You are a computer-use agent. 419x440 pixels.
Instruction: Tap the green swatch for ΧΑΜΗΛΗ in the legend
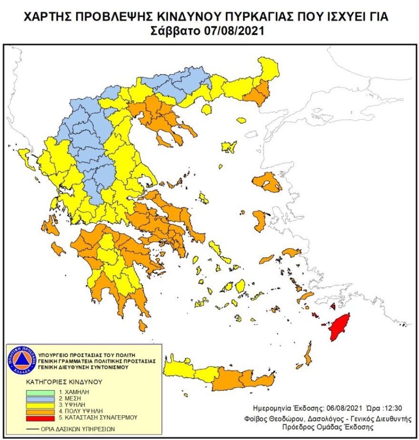(x=41, y=392)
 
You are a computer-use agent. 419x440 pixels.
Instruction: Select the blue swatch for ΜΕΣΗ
(x=41, y=399)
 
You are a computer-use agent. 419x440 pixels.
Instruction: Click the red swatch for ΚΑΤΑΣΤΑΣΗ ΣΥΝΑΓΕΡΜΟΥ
(x=41, y=418)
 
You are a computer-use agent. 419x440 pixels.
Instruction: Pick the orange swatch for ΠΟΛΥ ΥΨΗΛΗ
(x=41, y=411)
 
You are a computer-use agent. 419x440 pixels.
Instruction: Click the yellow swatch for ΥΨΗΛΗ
(x=41, y=405)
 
